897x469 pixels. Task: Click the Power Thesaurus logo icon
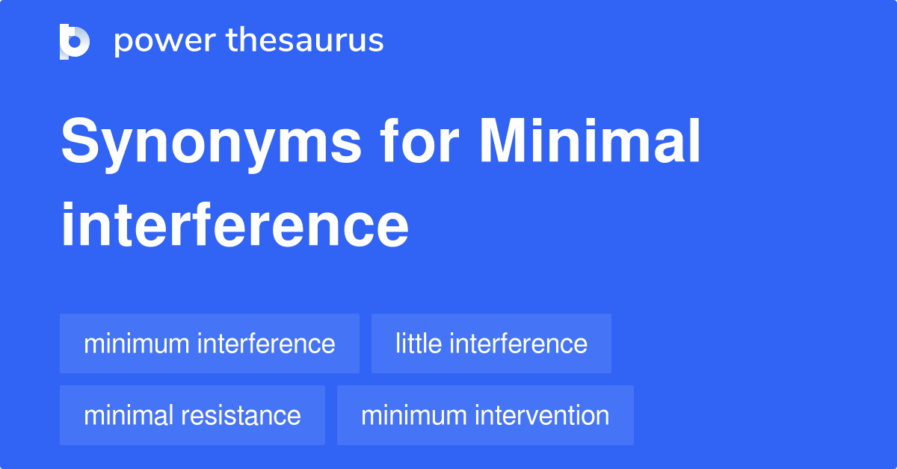click(x=75, y=41)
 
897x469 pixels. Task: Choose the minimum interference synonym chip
click(x=209, y=344)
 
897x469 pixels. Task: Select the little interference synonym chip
click(x=491, y=344)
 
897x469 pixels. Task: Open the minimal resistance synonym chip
click(x=192, y=415)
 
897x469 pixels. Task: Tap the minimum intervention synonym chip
click(x=485, y=415)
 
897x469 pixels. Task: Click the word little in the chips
click(x=418, y=344)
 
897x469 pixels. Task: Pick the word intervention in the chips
click(x=542, y=415)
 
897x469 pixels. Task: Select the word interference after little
click(x=519, y=344)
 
